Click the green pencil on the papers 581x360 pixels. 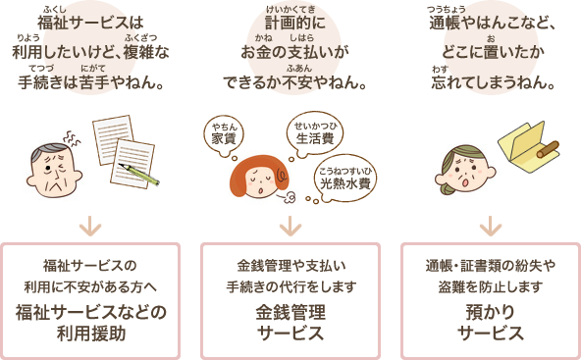(x=139, y=175)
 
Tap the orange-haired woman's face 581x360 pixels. (x=259, y=177)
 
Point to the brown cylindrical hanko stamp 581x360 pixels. (x=548, y=149)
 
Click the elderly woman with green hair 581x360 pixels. (x=464, y=170)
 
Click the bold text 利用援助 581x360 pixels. (x=91, y=334)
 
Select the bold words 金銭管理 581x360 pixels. (x=290, y=312)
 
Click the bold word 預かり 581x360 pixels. (x=491, y=312)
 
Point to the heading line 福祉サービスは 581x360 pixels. (x=90, y=23)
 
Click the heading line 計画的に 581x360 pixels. (x=295, y=23)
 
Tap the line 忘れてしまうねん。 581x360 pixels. (x=493, y=81)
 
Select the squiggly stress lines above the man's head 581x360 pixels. (x=73, y=139)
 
